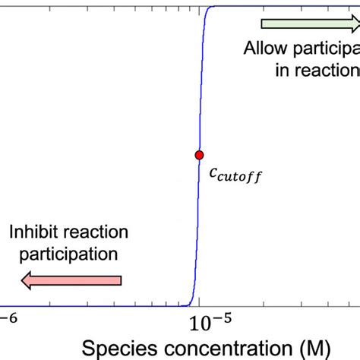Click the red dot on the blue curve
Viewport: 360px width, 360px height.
tap(199, 154)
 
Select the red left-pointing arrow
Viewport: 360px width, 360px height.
tap(72, 282)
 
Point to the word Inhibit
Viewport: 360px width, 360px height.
tap(36, 231)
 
